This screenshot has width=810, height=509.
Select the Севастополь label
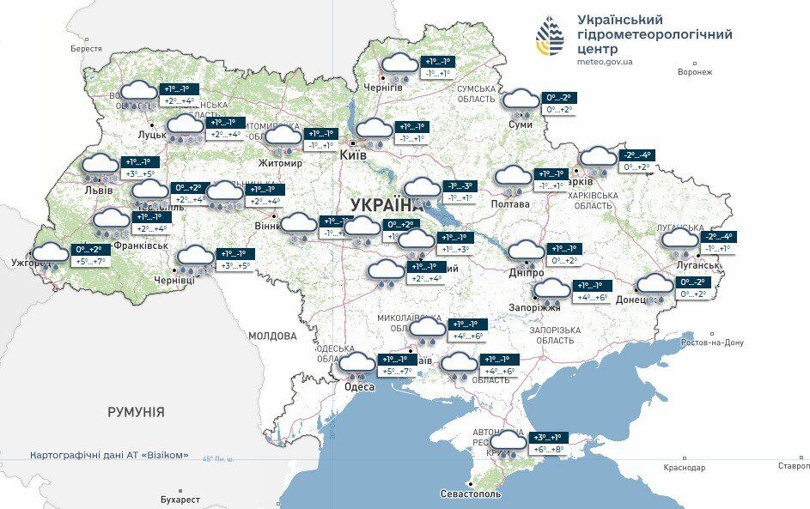coord(470,494)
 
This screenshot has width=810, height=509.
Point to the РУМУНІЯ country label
coord(136,412)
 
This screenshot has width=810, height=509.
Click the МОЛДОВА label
coord(272,336)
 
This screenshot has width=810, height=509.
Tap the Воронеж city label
coord(694,71)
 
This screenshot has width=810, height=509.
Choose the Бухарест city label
coord(180,499)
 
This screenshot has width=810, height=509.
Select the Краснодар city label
coord(684,467)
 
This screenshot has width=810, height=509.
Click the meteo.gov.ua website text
coord(606,62)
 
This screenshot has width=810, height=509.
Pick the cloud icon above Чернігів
coord(399,65)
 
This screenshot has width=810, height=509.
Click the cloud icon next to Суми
coord(521,100)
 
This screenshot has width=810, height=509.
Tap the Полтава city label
coord(511,204)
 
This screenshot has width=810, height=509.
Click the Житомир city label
coord(280,163)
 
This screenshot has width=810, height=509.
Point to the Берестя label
coord(86,49)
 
